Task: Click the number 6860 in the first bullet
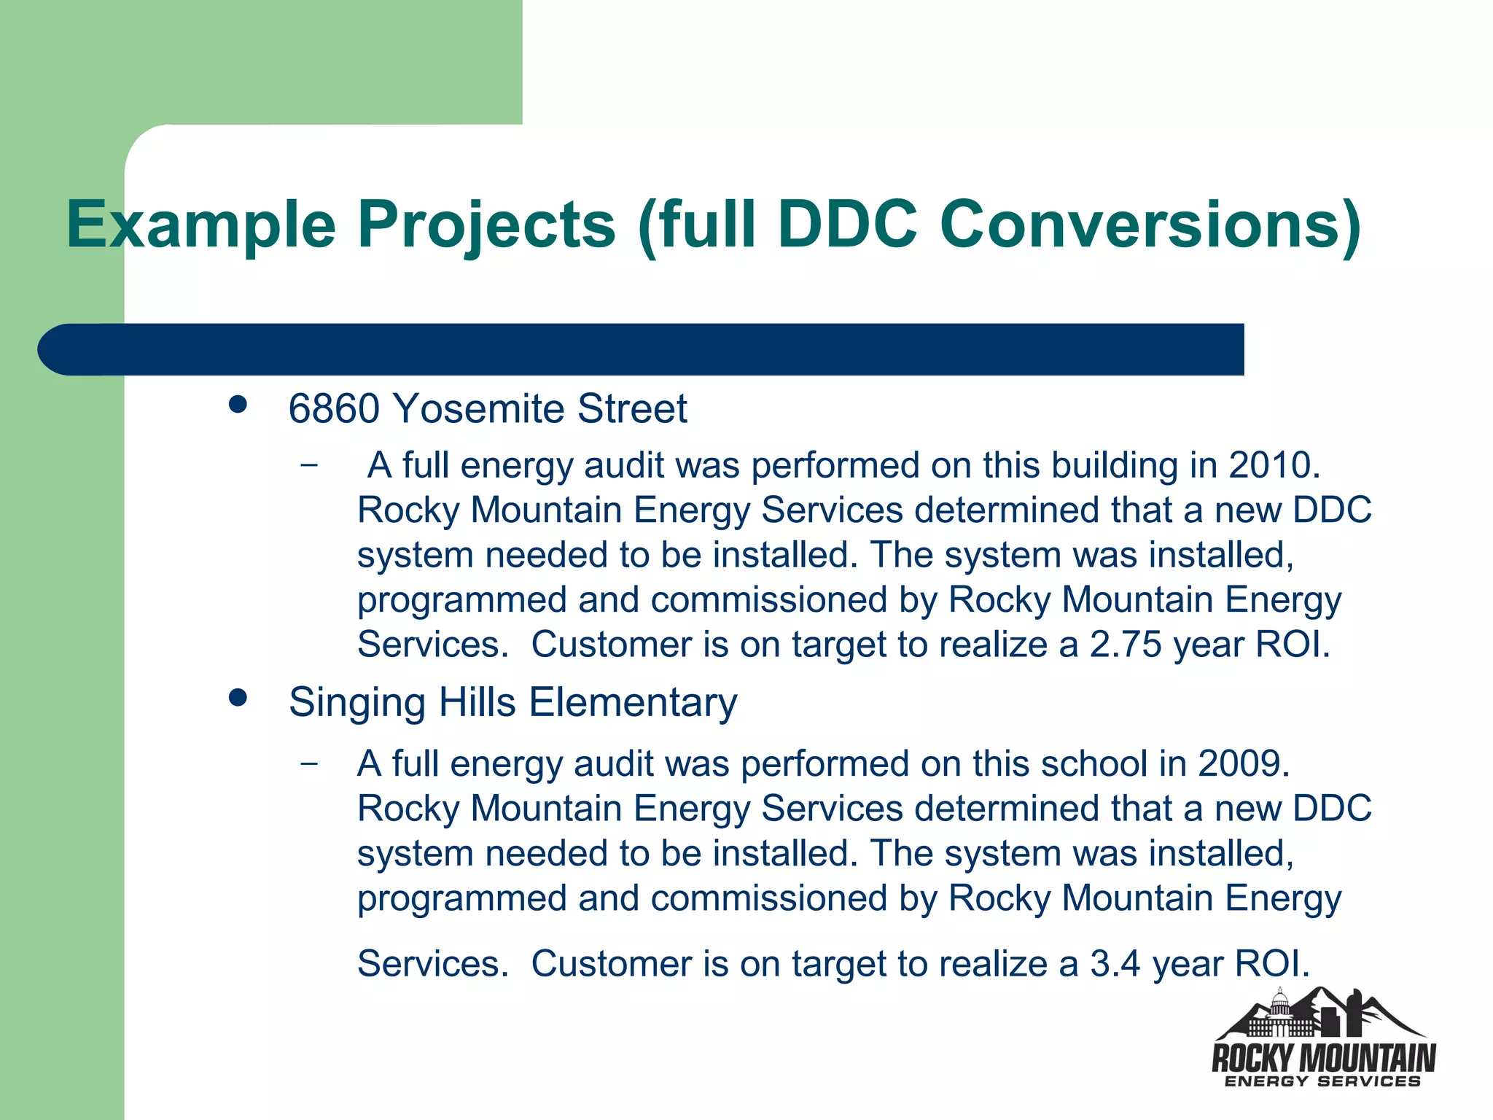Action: (334, 408)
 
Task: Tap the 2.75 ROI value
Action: (1126, 645)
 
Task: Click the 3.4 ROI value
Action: (1115, 963)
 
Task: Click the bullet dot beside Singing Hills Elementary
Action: (238, 699)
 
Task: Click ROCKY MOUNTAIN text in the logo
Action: (1323, 1057)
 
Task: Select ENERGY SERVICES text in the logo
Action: (1323, 1081)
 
